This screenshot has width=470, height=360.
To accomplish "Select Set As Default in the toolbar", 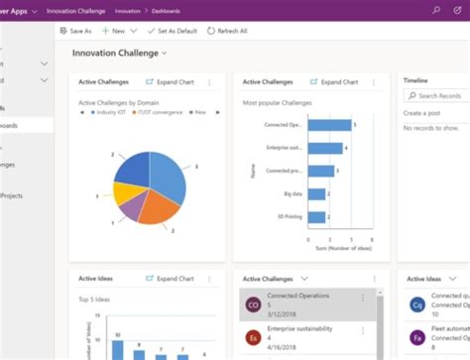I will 174,31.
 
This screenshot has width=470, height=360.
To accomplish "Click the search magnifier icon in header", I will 436,9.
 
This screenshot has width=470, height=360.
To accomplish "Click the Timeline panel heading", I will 416,79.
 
